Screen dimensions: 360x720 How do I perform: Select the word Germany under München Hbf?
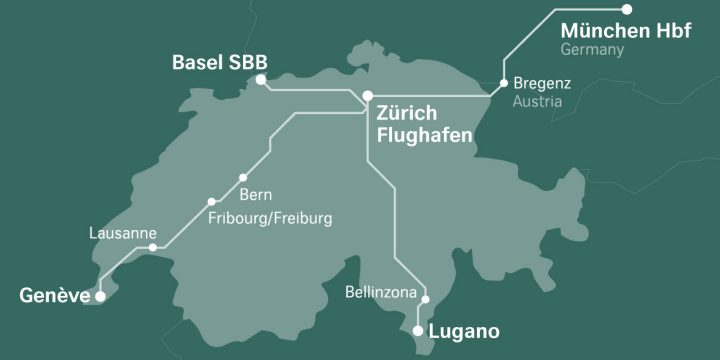592,50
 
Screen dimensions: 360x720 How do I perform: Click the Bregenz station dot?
503,83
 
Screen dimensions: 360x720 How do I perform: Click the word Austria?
537,102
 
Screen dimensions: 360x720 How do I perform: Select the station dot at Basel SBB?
261,79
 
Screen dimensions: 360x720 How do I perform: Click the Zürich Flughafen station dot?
368,96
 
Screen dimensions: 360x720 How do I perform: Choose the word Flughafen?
424,134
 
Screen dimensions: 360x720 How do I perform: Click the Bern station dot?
243,178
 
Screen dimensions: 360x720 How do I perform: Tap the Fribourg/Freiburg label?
269,217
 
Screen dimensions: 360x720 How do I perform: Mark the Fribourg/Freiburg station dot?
211,201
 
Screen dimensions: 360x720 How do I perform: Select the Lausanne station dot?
152,247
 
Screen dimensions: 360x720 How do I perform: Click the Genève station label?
53,295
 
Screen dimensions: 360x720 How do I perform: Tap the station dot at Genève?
99,296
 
